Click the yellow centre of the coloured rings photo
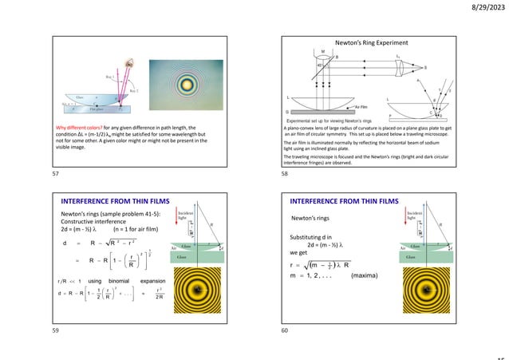187,85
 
